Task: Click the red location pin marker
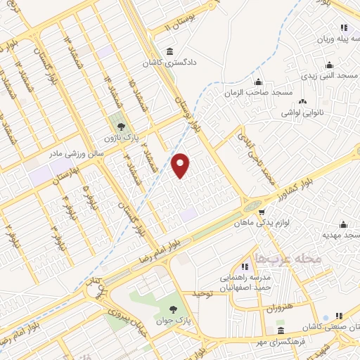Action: [x=181, y=165]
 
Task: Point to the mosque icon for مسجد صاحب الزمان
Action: [x=259, y=82]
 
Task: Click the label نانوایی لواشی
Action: [x=302, y=112]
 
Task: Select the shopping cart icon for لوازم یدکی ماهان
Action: [x=262, y=211]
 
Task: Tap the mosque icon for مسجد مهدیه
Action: [x=343, y=224]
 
